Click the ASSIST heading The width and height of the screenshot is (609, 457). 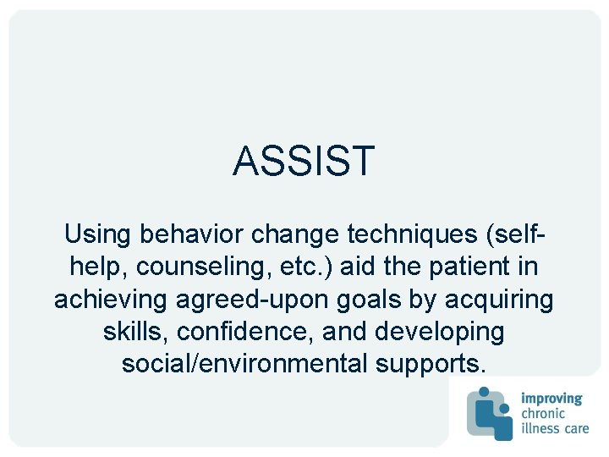click(x=304, y=161)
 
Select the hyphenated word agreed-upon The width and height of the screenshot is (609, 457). click(x=256, y=300)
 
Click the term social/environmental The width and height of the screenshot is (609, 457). click(x=245, y=364)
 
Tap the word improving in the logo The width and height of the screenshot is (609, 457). click(x=551, y=398)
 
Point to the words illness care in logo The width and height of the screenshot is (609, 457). click(x=554, y=428)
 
